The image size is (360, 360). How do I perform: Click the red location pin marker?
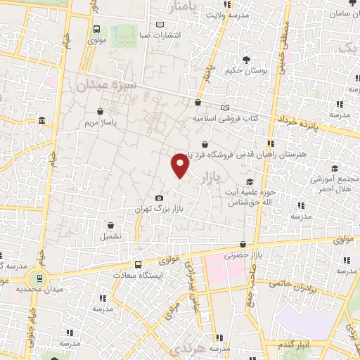181,165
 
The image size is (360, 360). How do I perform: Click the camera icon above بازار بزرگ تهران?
160,198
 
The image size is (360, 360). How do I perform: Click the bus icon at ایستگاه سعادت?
138,265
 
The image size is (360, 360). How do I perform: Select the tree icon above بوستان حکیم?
245,60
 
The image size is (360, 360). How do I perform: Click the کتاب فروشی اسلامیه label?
226,118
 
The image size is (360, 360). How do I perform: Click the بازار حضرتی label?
241,257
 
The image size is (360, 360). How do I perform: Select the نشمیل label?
110,236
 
